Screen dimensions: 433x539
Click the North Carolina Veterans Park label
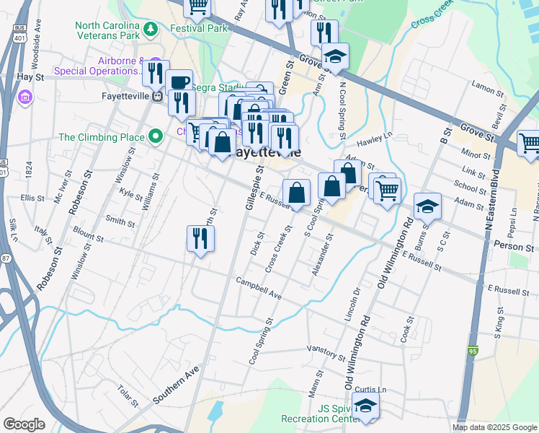coord(107,30)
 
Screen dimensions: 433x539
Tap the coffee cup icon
coord(179,83)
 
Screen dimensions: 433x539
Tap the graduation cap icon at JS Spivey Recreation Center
coord(366,406)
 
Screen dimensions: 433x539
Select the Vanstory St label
coord(326,351)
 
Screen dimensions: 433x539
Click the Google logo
coord(24,424)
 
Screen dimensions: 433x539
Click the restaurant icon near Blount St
coord(200,239)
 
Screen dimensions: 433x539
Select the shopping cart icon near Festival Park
coord(197,7)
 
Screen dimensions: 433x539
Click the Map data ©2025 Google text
coord(494,427)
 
